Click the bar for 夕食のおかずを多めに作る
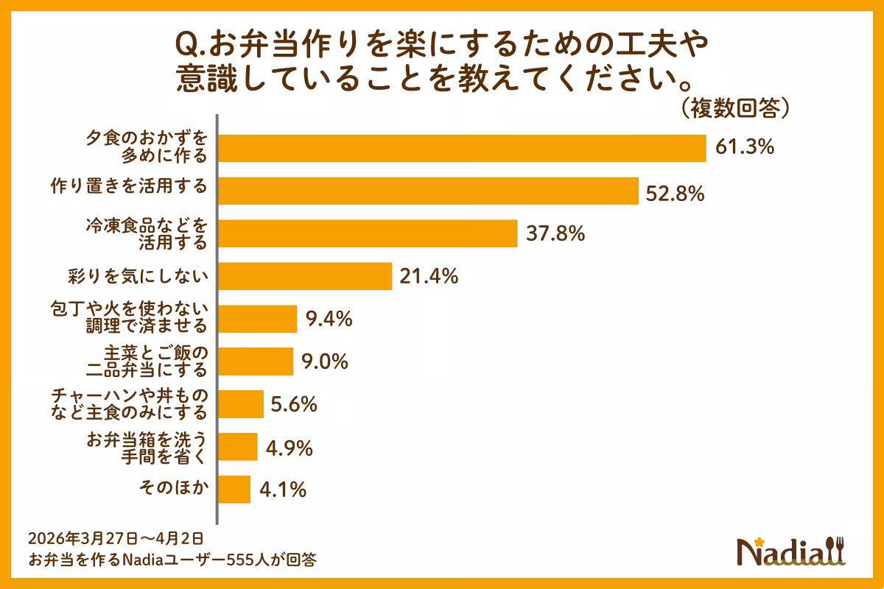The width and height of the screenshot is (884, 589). coord(463,148)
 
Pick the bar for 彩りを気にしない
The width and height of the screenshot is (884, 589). coord(305,277)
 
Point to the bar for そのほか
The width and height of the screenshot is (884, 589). coord(235,490)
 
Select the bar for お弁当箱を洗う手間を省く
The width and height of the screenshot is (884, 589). coord(238,447)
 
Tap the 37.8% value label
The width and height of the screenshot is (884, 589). coord(555,234)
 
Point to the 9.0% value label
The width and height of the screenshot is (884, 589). coord(324,362)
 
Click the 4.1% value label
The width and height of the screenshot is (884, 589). coord(281,490)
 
